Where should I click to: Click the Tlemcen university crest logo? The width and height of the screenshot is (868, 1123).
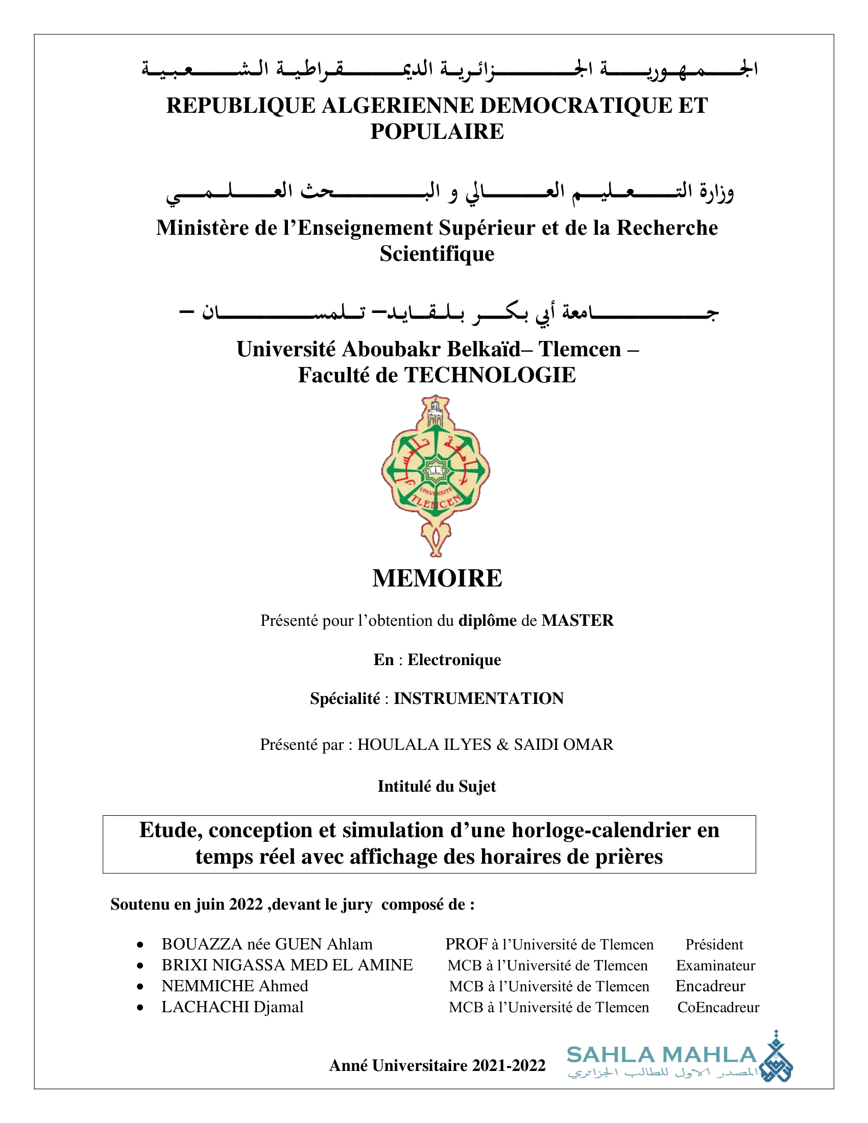coord(436,475)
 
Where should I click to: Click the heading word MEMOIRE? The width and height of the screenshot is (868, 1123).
coord(437,578)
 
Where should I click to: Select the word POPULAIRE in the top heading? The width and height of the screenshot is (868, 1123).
coord(437,132)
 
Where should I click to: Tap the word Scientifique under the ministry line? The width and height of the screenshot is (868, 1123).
coord(437,254)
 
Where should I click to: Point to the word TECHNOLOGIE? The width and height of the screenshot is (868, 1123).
coord(490,375)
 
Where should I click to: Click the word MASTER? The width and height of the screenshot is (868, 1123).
coord(577,621)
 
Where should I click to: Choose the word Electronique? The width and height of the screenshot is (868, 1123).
coord(454,660)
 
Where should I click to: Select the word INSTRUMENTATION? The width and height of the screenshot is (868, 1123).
coord(479,698)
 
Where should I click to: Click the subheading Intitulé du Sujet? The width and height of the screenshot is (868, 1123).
coord(437,786)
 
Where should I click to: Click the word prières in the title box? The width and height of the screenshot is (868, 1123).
coord(629,857)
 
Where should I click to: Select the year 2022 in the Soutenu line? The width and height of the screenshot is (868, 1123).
coord(246,905)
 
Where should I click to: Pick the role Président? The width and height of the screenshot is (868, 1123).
coord(714,944)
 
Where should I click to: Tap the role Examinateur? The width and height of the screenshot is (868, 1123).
coord(715,966)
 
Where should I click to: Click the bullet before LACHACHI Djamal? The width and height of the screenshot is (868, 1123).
coord(140,1008)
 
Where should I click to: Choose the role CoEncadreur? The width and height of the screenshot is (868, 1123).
coord(718,1007)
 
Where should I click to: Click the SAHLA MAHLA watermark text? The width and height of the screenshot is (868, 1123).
coord(661,1055)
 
